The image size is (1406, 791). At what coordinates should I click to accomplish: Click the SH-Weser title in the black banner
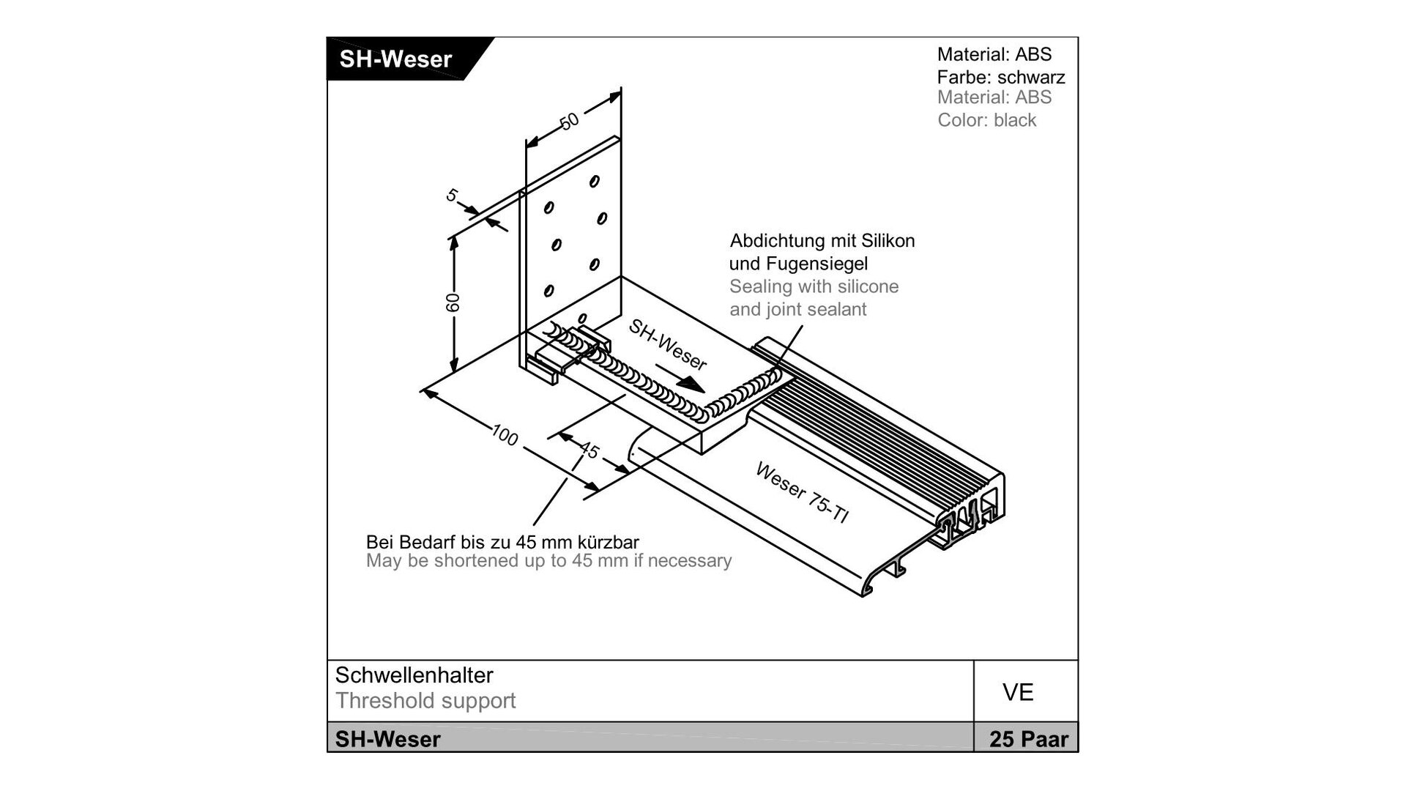(x=395, y=59)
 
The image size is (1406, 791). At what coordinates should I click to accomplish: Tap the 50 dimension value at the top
(x=570, y=120)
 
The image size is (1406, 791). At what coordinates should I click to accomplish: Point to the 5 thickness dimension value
(x=453, y=196)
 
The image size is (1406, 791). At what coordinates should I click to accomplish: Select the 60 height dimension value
(x=453, y=302)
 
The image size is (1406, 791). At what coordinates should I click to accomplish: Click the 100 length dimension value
(x=505, y=435)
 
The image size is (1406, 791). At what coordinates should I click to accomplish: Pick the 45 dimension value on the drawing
(x=589, y=450)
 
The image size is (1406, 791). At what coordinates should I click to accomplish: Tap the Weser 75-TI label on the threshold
(x=802, y=492)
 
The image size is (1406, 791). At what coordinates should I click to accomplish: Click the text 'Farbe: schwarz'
(x=1000, y=77)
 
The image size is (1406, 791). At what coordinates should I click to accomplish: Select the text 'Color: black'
(x=986, y=120)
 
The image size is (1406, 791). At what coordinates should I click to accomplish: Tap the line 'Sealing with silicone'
(x=814, y=286)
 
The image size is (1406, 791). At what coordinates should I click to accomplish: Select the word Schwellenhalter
(x=414, y=675)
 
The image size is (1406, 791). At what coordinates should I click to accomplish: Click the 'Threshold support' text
(x=425, y=701)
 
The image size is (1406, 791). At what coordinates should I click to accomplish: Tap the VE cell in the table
(x=1018, y=692)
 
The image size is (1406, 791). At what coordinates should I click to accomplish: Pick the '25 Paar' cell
(x=1028, y=739)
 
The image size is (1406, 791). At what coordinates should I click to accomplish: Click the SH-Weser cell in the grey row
(x=388, y=739)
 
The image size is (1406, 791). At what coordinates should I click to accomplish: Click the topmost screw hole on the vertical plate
(x=595, y=181)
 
